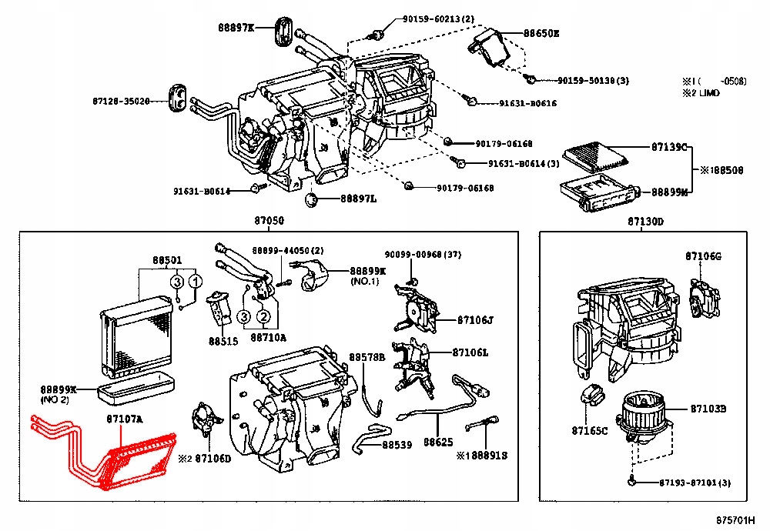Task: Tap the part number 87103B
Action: [x=708, y=408]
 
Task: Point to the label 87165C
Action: [x=590, y=430]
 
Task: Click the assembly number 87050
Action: [x=269, y=221]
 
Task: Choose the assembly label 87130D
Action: [x=645, y=221]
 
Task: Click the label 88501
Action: [x=166, y=260]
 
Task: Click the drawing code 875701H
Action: [x=736, y=521]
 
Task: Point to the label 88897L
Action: [x=358, y=199]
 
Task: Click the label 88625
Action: [x=437, y=443]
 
